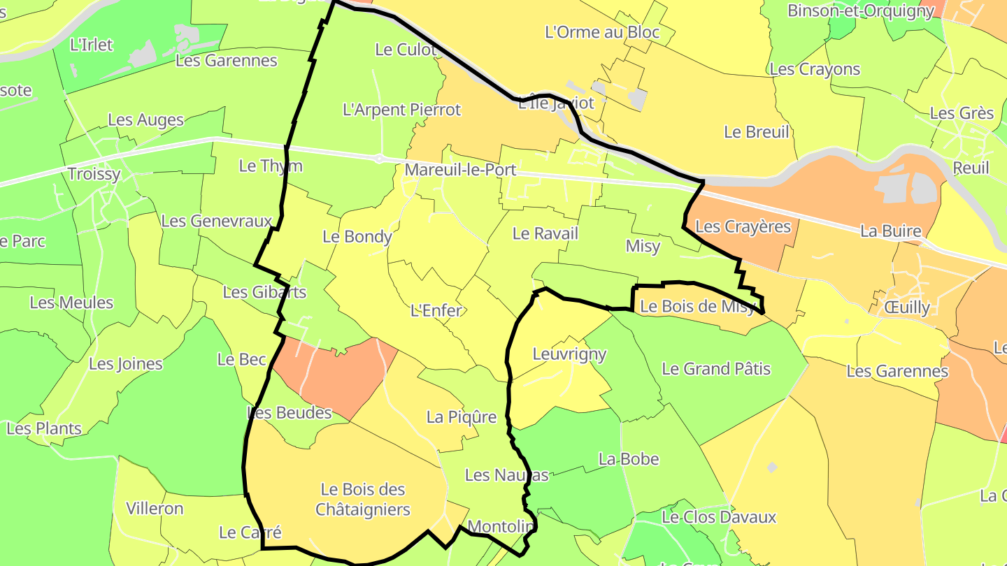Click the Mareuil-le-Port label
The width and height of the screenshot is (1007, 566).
click(x=460, y=170)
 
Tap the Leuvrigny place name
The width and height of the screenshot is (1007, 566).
click(x=569, y=354)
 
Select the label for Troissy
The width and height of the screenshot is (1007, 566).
click(x=94, y=174)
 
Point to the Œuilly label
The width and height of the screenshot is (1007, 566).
click(x=907, y=307)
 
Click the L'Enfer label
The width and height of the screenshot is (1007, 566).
click(x=436, y=310)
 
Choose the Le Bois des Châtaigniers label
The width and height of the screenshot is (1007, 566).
click(x=363, y=499)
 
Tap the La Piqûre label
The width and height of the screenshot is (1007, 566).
click(x=462, y=417)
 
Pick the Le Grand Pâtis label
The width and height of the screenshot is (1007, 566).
click(x=716, y=368)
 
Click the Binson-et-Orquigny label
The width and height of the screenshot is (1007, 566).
click(x=861, y=11)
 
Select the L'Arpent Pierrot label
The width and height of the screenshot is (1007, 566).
click(x=402, y=110)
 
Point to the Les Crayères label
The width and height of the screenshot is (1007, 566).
click(x=743, y=226)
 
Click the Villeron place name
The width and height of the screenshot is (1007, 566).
click(x=155, y=508)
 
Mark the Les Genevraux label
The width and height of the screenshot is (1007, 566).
click(x=216, y=221)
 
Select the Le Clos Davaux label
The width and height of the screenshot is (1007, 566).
click(x=719, y=517)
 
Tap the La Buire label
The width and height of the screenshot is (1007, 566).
click(x=890, y=231)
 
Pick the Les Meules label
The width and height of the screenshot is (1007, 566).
click(x=71, y=303)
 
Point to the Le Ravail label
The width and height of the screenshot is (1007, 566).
click(x=545, y=233)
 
